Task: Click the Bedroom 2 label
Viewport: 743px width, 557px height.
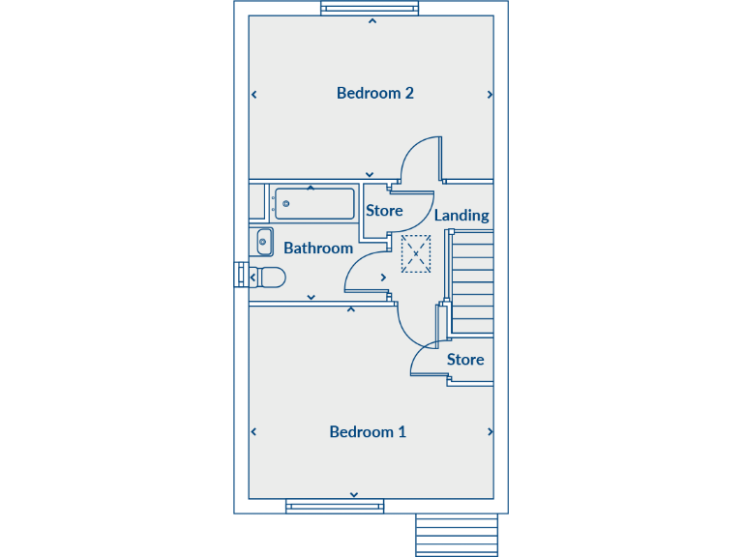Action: (x=375, y=94)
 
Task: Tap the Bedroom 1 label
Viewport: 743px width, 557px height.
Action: (x=368, y=432)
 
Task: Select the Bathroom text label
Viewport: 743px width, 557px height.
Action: (x=318, y=249)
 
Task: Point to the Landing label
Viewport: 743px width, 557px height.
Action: (x=461, y=216)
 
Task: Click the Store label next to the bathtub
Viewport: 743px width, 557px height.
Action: (x=384, y=211)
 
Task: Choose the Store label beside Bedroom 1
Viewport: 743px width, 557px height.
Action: (x=465, y=360)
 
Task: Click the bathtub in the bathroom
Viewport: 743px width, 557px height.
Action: (x=313, y=204)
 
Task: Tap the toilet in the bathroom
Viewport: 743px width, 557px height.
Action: (x=270, y=278)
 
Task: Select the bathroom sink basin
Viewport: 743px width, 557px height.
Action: (x=264, y=242)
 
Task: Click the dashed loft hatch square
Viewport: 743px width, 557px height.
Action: (x=416, y=253)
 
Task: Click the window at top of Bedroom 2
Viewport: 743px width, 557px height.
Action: (x=371, y=9)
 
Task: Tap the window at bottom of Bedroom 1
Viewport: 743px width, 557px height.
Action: (x=335, y=505)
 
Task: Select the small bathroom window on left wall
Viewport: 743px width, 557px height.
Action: (x=240, y=276)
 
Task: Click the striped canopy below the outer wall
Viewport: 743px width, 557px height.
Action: (x=457, y=535)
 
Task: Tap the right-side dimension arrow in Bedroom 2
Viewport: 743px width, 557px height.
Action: (x=490, y=95)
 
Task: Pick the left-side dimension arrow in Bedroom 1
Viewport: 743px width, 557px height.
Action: (x=253, y=432)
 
